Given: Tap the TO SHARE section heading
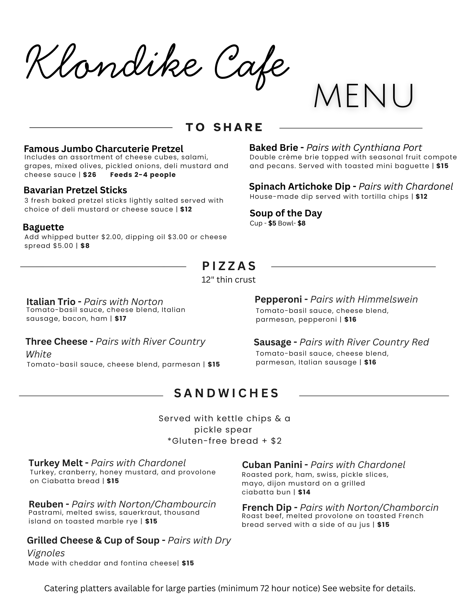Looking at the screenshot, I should click(x=224, y=127).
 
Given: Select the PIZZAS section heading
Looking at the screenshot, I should click(x=229, y=266).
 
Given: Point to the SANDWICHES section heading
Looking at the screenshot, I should click(x=226, y=393).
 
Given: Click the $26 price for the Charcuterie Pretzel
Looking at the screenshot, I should click(x=90, y=175).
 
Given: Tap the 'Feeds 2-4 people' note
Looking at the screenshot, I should click(x=143, y=175).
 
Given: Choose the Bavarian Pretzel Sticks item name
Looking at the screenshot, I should click(x=75, y=190).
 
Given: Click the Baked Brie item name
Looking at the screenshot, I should click(x=274, y=148).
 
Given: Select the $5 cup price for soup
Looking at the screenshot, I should click(x=272, y=223).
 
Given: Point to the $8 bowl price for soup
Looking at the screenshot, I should click(x=301, y=223).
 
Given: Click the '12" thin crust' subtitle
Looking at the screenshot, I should click(x=228, y=280).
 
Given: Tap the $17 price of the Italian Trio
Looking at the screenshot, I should click(x=121, y=319).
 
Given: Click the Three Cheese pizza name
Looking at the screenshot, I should click(x=56, y=342).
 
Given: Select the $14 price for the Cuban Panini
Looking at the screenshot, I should click(x=304, y=492).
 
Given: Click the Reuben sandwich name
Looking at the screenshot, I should click(x=46, y=504).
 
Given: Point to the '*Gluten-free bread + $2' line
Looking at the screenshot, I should click(x=225, y=441).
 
